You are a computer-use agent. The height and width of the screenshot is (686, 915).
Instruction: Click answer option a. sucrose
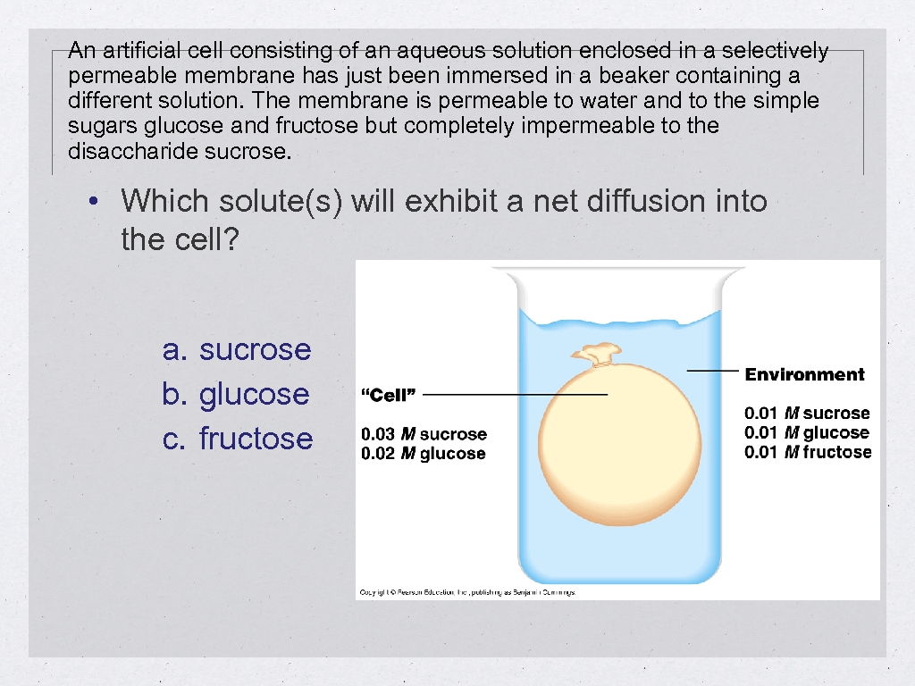[x=237, y=349]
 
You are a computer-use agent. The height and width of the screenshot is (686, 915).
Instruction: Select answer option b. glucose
[x=236, y=394]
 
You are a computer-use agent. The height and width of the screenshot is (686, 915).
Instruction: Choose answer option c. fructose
[x=238, y=439]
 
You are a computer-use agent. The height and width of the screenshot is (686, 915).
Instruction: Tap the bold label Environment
[x=805, y=374]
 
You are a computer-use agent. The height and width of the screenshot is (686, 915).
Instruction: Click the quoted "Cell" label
[x=388, y=395]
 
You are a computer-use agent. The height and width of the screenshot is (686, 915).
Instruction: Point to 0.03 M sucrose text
[x=424, y=434]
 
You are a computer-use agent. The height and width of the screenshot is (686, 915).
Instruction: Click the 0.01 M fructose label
[x=808, y=452]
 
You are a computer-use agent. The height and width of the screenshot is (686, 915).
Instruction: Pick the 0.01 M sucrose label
[x=807, y=413]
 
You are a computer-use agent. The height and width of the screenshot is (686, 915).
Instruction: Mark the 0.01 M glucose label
[x=807, y=432]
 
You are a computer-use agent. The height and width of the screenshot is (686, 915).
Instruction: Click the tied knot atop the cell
[x=597, y=355]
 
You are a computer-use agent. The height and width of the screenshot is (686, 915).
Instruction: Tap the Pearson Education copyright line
[x=467, y=592]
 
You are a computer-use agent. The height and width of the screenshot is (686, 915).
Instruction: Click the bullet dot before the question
[x=93, y=201]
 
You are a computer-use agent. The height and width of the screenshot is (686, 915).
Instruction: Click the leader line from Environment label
[x=712, y=370]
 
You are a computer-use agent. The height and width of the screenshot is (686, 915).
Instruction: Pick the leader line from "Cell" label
[x=515, y=394]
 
